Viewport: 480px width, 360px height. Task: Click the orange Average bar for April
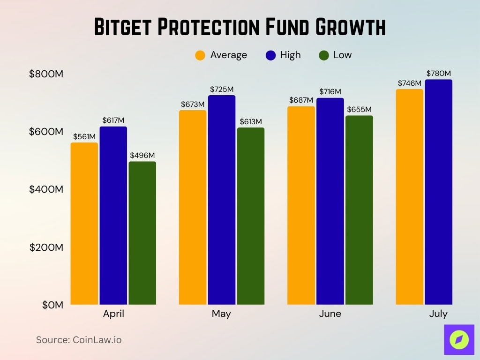(x=84, y=224)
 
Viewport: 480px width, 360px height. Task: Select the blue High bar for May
(x=222, y=200)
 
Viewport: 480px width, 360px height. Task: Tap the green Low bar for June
(x=359, y=210)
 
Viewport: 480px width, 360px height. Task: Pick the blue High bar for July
(x=438, y=192)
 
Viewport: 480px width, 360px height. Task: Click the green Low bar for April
(x=142, y=233)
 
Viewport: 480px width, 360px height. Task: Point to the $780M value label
(x=438, y=74)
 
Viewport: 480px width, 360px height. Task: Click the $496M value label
(x=142, y=155)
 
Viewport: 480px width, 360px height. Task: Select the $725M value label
(x=222, y=89)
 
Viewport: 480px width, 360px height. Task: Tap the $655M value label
(x=359, y=109)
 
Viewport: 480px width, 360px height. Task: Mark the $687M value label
(x=301, y=100)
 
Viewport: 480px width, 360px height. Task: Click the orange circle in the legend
(x=200, y=55)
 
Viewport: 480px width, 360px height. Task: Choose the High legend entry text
(x=290, y=55)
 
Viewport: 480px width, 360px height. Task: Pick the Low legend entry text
(x=342, y=55)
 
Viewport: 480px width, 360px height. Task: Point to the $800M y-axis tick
(x=46, y=74)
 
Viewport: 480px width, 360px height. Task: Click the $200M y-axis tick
(x=46, y=247)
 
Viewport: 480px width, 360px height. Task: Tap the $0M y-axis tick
(x=52, y=305)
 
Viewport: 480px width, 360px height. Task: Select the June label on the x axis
(x=330, y=314)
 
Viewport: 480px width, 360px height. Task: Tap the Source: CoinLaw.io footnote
(x=79, y=340)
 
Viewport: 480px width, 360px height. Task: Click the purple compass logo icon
(x=459, y=339)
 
